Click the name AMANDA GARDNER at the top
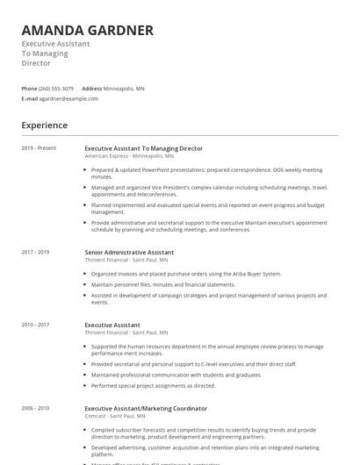pos(87,31)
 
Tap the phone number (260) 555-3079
pos(56,89)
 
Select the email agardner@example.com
pos(68,99)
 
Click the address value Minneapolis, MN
pos(124,89)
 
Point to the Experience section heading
pos(44,125)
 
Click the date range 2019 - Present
pos(39,148)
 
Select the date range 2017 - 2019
pos(35,252)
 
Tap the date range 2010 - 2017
pos(35,325)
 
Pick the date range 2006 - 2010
pos(35,408)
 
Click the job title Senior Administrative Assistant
pos(129,252)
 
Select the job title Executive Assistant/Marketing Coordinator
pos(146,408)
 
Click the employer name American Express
pos(105,155)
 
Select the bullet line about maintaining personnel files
pos(163,284)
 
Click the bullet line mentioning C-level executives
pos(193,363)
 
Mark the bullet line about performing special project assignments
pos(153,385)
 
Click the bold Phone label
pos(29,89)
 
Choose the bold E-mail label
pos(30,99)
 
